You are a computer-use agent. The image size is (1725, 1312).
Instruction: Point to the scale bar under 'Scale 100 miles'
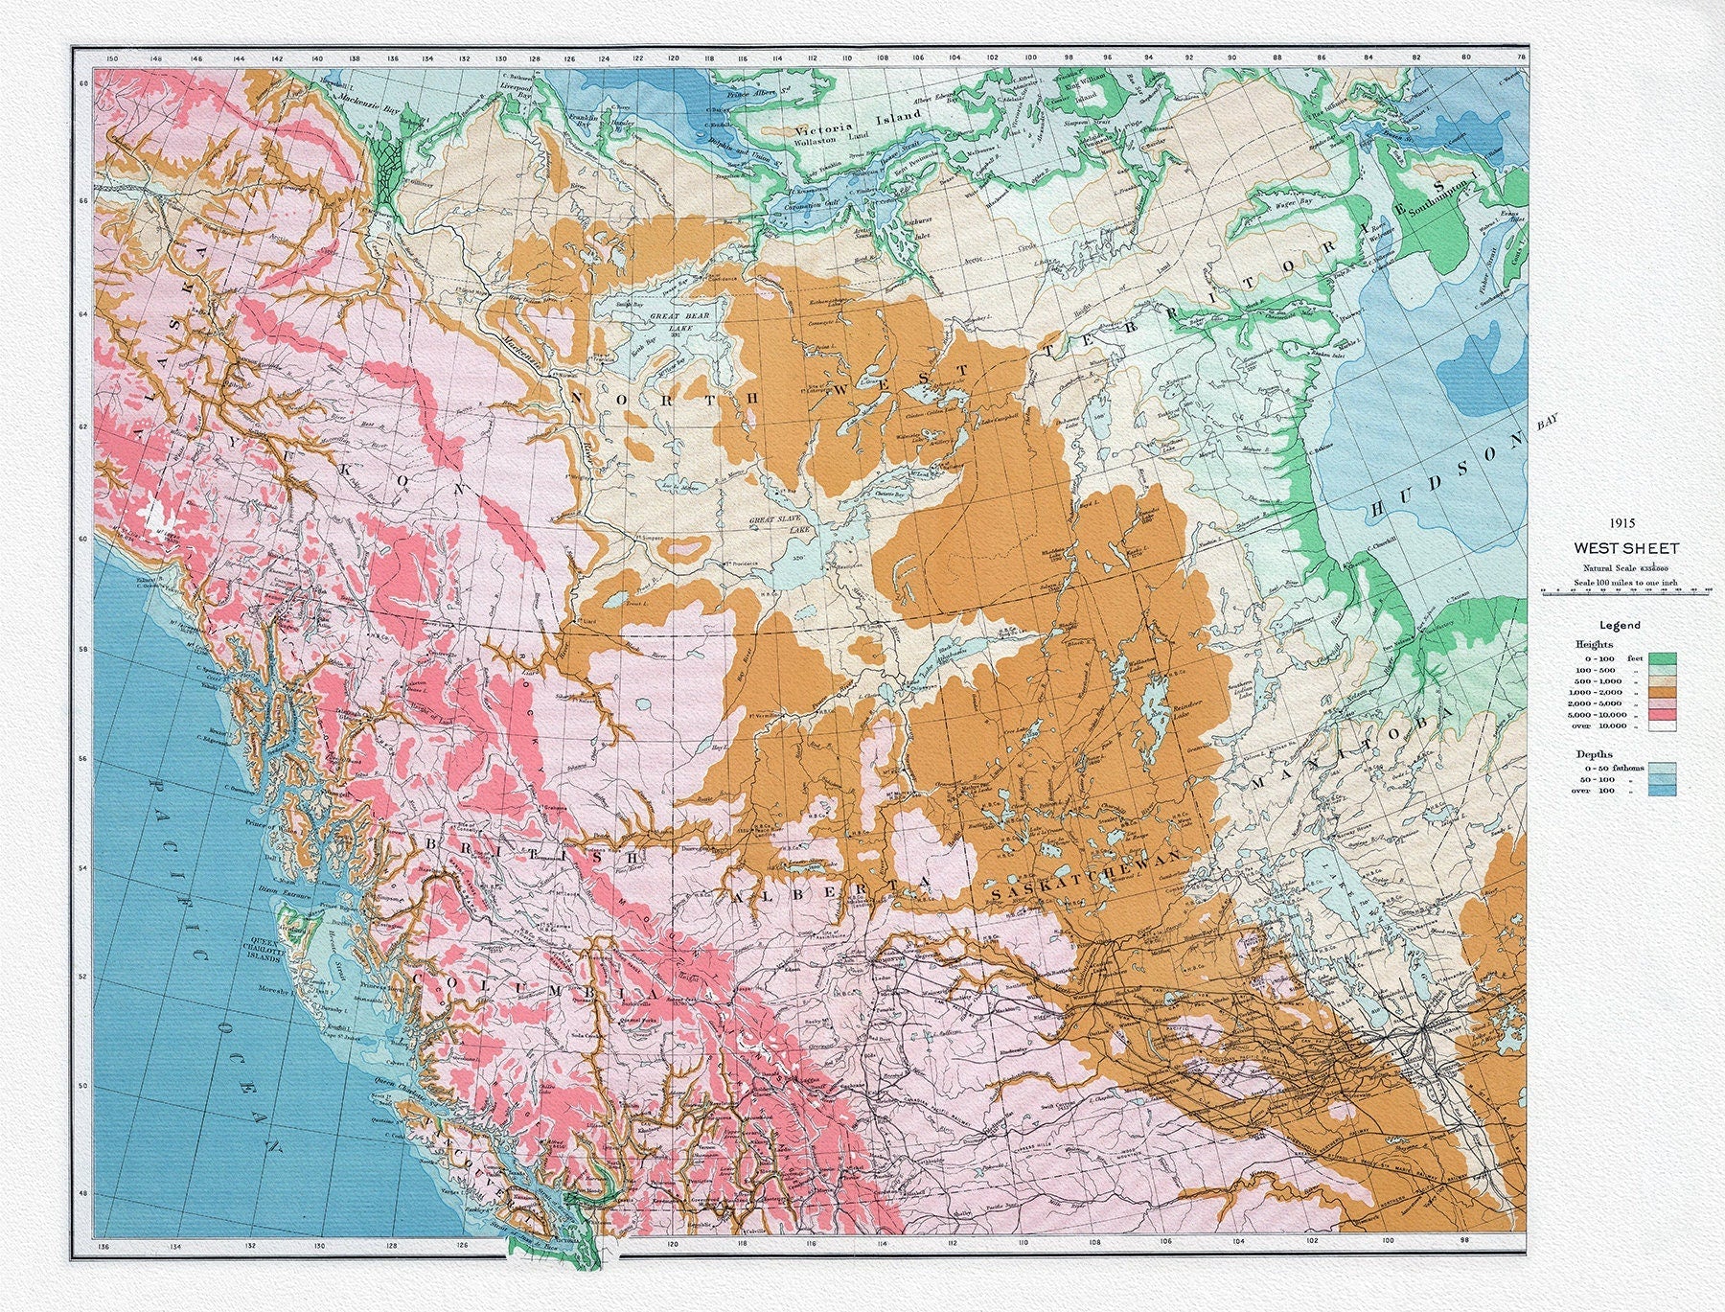click(1627, 592)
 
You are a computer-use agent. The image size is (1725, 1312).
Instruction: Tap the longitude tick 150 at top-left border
click(112, 59)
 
